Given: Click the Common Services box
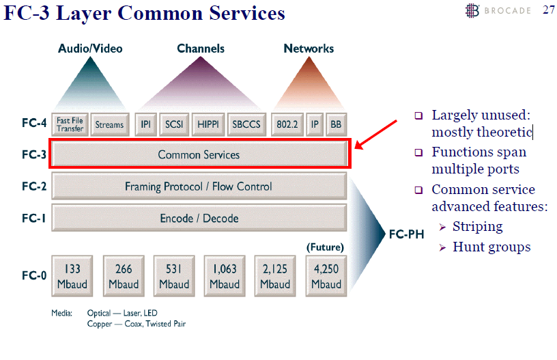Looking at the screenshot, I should (x=199, y=154).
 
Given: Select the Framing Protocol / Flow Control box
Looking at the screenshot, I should (x=199, y=186).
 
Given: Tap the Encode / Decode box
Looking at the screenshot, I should (x=199, y=218).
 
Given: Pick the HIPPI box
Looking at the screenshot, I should (x=208, y=125).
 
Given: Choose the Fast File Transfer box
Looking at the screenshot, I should (x=70, y=125).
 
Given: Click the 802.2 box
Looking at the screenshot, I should (x=286, y=125).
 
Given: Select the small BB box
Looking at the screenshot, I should (x=336, y=125).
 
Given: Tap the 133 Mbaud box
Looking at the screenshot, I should (x=72, y=277).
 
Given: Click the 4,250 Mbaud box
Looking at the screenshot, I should (x=326, y=277).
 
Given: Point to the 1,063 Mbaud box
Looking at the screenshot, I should (x=225, y=277).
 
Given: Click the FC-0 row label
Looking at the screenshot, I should (x=34, y=276).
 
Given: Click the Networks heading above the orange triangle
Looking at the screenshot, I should (x=309, y=49).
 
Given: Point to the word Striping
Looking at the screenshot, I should (x=477, y=227).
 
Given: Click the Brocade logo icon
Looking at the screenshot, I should (x=472, y=10).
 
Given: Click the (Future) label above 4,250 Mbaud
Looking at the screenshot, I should (x=325, y=247).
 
